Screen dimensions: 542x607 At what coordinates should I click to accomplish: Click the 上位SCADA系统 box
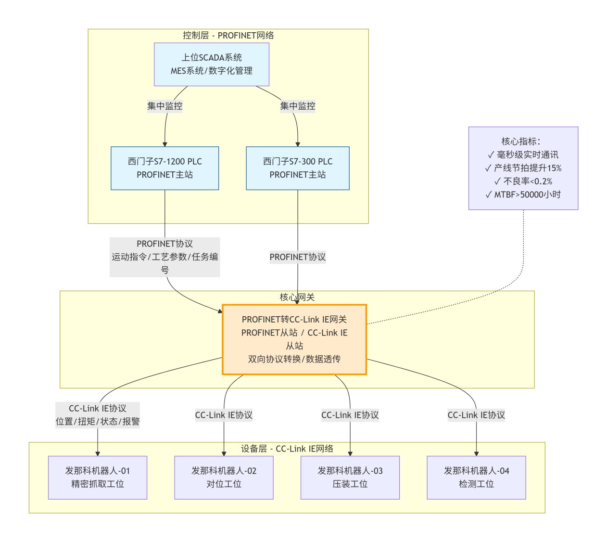[x=212, y=64]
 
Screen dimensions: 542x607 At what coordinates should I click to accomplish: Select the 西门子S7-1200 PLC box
[x=164, y=168]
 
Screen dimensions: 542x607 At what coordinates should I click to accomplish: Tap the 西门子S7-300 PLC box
[x=297, y=168]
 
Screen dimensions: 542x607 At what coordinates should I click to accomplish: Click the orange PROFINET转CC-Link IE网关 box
[x=294, y=339]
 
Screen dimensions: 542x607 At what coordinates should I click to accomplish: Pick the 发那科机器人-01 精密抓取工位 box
[x=98, y=477]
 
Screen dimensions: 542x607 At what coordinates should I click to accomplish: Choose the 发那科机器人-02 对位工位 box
[x=224, y=477]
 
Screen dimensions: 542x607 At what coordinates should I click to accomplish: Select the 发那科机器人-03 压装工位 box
[x=350, y=477]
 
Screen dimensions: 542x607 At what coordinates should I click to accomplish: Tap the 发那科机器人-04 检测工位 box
[x=476, y=477]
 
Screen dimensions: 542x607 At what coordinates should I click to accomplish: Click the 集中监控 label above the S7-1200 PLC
[x=164, y=106]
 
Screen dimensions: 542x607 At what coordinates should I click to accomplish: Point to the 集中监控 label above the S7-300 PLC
[x=297, y=106]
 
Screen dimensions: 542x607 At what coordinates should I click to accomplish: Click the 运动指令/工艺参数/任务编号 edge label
[x=164, y=257]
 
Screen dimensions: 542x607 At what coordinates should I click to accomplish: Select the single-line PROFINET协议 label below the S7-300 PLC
[x=297, y=257]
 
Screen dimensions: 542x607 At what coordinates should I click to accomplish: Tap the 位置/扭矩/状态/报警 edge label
[x=98, y=421]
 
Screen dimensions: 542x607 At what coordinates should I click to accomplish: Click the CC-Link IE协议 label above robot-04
[x=476, y=415]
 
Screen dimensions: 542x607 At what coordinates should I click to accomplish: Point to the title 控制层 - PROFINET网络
[x=228, y=35]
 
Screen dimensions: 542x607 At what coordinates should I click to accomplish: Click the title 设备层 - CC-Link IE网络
[x=287, y=449]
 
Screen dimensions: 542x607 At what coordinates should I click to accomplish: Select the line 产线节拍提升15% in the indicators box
[x=523, y=168]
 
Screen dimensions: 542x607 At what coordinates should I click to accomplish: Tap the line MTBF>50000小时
[x=523, y=194]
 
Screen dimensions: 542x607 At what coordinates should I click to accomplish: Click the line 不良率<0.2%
[x=523, y=181]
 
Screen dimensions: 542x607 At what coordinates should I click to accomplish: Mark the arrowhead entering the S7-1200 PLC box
[x=165, y=144]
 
